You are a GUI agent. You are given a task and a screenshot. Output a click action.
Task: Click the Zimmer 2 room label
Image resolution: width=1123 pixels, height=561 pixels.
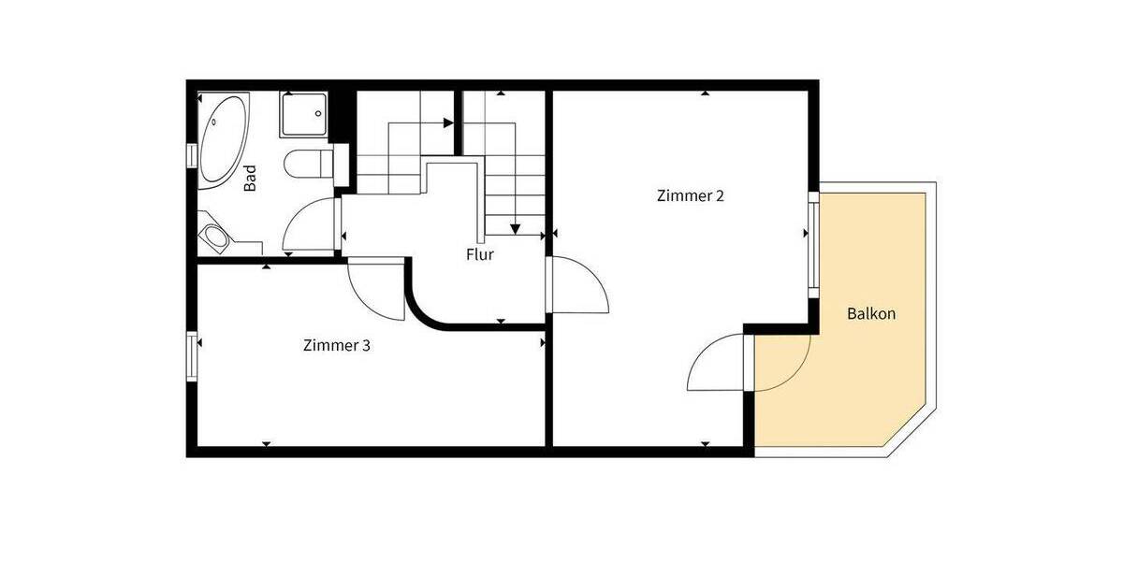click(x=691, y=196)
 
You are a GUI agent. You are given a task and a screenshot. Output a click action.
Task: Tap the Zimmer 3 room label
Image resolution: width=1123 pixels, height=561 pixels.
click(x=337, y=345)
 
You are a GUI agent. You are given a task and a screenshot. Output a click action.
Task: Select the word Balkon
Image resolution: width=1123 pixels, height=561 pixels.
click(x=871, y=314)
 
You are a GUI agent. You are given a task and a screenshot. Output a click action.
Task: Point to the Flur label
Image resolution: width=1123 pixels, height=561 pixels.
click(x=480, y=254)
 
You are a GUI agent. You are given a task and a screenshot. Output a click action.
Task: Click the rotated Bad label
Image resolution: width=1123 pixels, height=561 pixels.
click(x=251, y=179)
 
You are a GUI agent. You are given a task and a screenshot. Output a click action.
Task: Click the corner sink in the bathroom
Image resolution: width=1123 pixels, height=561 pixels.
click(x=219, y=236)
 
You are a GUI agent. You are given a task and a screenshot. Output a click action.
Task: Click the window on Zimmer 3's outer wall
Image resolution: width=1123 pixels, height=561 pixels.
click(x=193, y=357)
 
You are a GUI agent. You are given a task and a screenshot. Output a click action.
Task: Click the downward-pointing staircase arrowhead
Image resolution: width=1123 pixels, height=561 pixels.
click(x=514, y=227)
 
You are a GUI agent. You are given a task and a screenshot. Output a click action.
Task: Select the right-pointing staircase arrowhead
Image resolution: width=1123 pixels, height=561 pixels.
click(x=446, y=122)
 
